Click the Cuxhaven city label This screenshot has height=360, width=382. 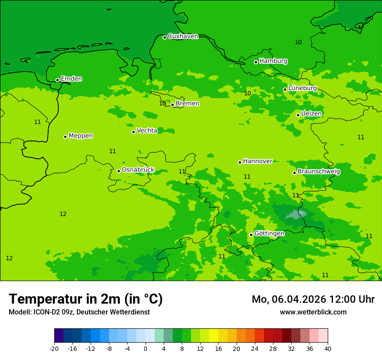[183, 36]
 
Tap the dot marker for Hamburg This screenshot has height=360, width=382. [256, 62]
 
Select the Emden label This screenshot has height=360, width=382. [71, 79]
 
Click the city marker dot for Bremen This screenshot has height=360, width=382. [172, 105]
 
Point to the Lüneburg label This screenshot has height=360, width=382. [303, 88]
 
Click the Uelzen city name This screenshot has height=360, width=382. [311, 114]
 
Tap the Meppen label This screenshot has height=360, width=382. [81, 136]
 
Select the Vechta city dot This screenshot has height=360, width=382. [133, 132]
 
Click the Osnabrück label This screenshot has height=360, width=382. [138, 170]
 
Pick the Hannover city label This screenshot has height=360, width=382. [257, 161]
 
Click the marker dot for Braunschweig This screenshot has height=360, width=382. [294, 173]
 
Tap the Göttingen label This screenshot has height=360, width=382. [269, 233]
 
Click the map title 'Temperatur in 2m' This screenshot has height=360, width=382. [86, 299]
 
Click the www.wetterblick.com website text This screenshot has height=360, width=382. [313, 312]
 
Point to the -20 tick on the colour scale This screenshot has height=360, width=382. [54, 348]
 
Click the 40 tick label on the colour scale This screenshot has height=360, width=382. [328, 348]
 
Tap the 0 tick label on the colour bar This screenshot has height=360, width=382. [145, 348]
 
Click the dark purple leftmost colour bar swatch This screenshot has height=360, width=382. [59, 336]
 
